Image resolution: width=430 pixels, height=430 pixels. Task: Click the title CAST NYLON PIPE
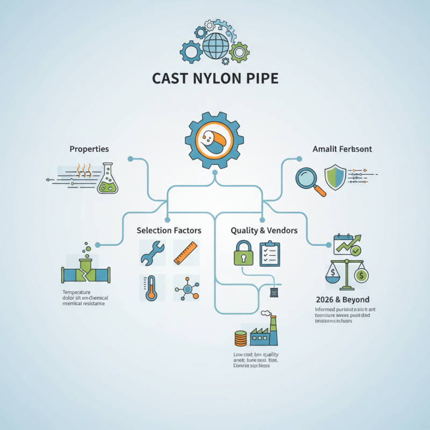[x=215, y=78]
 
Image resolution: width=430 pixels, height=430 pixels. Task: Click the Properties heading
[x=89, y=148]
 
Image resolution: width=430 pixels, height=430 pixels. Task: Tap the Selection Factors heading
[x=169, y=230]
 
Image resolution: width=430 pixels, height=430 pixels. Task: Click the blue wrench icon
[x=153, y=253]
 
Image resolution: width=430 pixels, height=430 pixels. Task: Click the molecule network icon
[x=187, y=289]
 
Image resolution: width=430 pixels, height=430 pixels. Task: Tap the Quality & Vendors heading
[x=264, y=230]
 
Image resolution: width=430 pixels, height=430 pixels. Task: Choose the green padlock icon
[x=243, y=253]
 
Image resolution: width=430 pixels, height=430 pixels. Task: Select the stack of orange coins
[x=240, y=338]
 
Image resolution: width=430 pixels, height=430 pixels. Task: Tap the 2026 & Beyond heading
[x=342, y=299]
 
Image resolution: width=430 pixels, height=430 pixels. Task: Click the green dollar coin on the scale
[x=361, y=276]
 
